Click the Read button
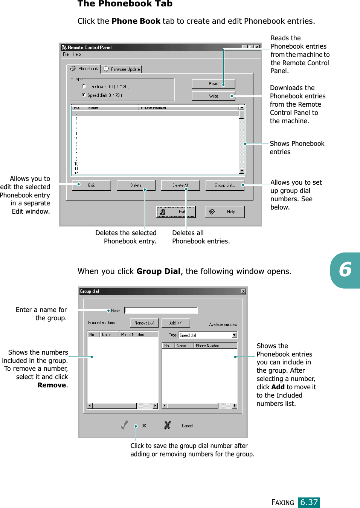pos(213,84)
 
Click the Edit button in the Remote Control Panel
pos(91,185)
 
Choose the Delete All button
pos(180,185)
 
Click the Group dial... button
pos(224,185)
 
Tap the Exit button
pos(176,212)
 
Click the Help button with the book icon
pos(224,212)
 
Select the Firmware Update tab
pos(122,69)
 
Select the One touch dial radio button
pos(84,86)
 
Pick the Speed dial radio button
pos(84,95)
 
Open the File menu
pos(66,54)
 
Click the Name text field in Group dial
pos(161,310)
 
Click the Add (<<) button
pos(176,323)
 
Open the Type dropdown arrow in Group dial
pos(234,335)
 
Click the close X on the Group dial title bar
pos(243,291)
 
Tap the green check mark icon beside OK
pos(124,425)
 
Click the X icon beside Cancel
pos(168,425)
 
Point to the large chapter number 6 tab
pos(345,270)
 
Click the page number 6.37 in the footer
pos(309,502)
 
